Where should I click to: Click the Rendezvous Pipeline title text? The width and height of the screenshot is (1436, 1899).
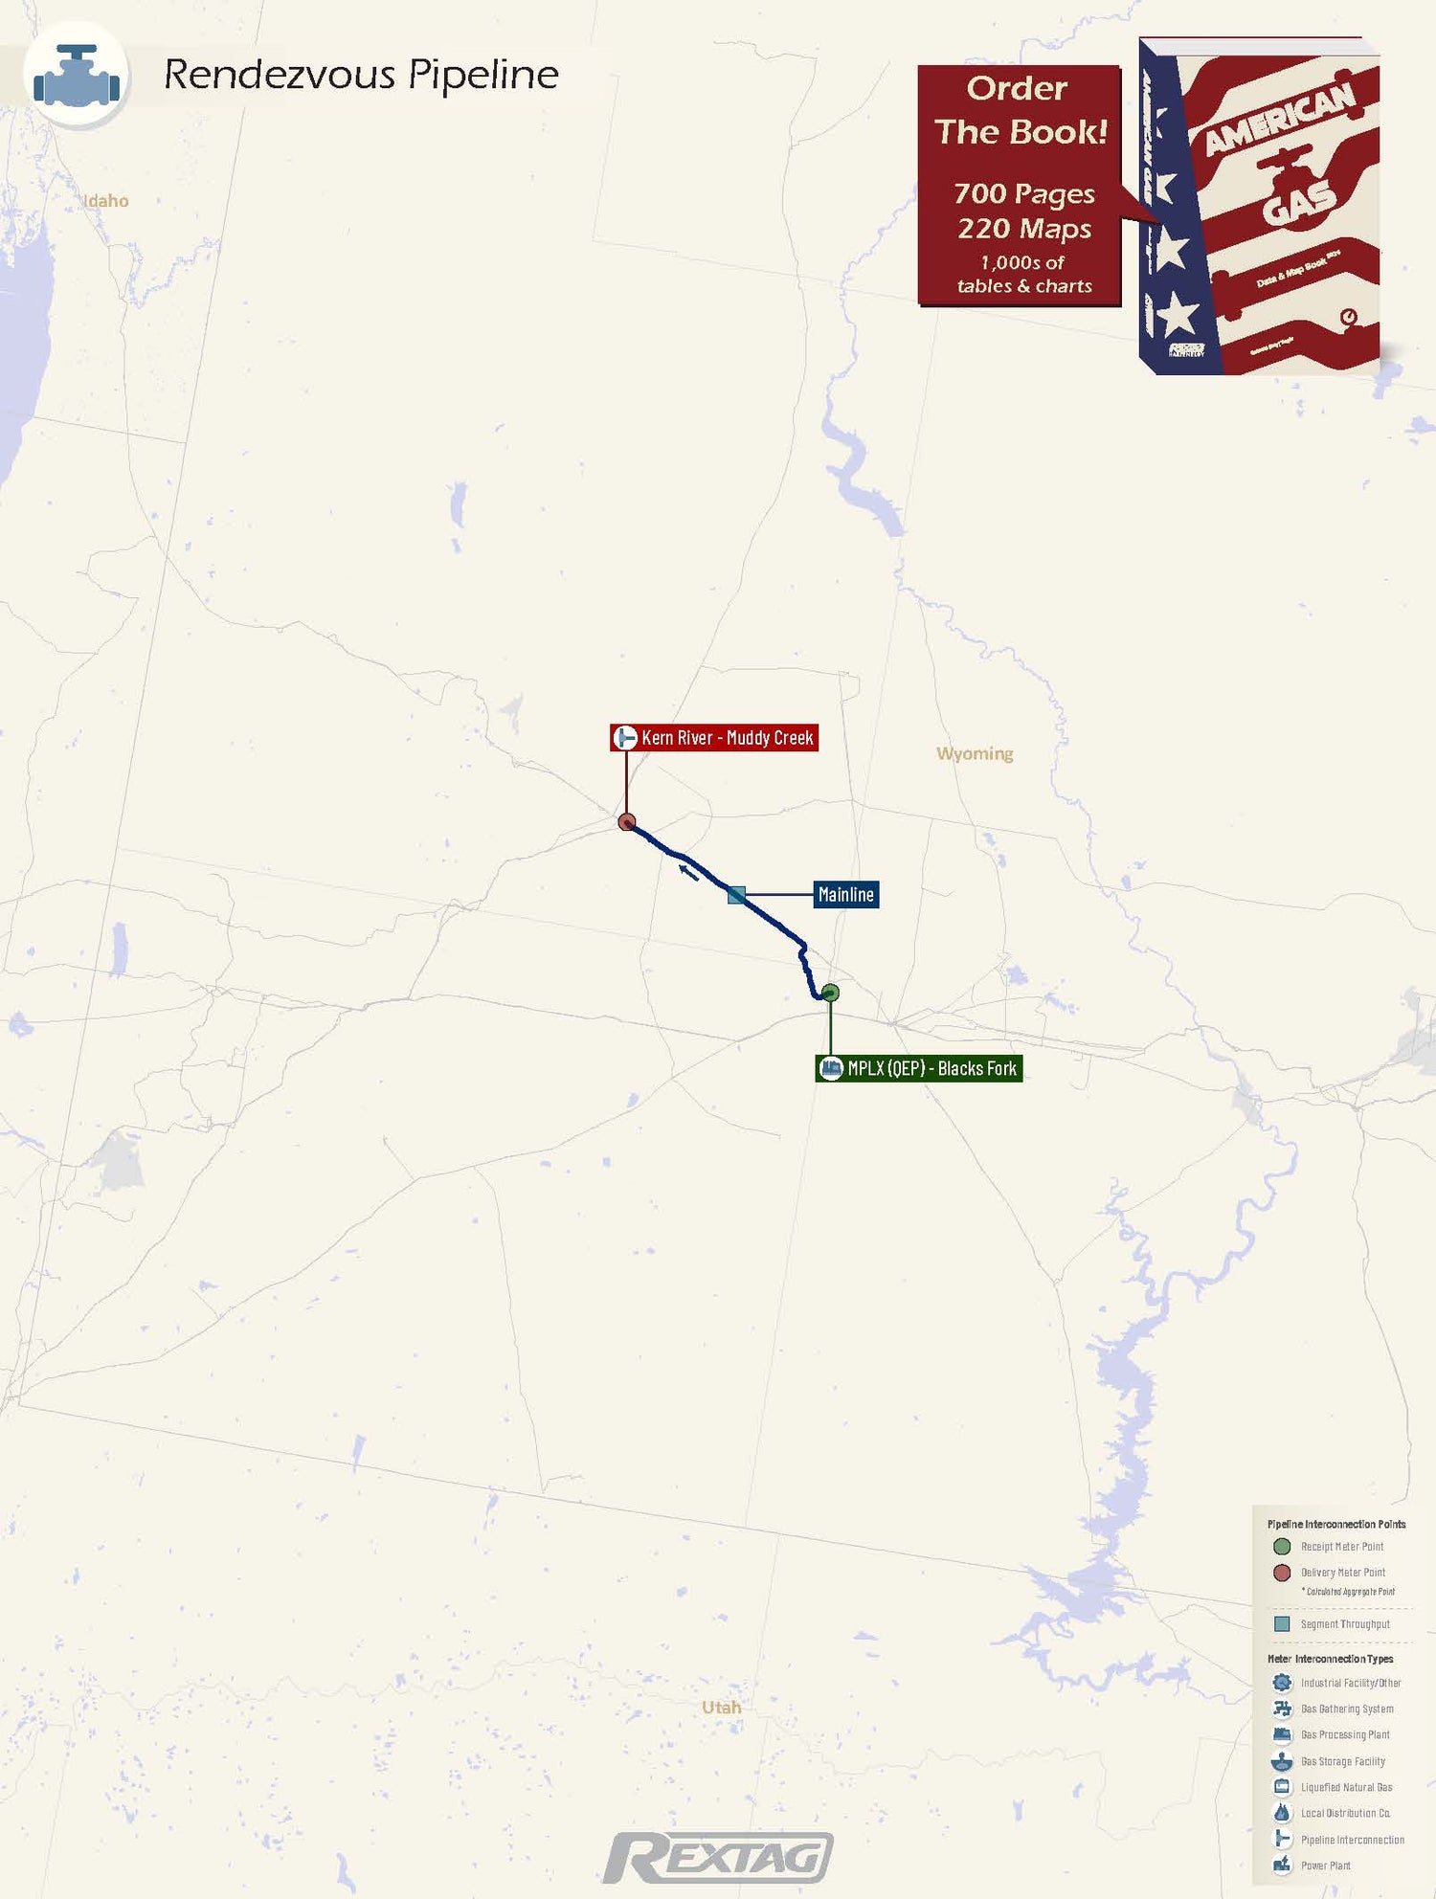[361, 75]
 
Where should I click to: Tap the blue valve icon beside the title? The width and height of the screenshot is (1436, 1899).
[77, 76]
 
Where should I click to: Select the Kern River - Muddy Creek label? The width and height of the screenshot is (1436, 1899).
[714, 738]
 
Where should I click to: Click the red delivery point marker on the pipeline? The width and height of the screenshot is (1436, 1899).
[627, 822]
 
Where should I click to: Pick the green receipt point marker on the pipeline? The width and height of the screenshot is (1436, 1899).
[830, 993]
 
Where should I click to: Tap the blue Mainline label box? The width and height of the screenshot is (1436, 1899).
[845, 895]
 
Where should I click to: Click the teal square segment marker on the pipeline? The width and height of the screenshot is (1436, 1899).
[736, 895]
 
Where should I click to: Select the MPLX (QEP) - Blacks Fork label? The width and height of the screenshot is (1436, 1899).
[919, 1068]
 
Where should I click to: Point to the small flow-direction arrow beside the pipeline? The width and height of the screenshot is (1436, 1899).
[688, 871]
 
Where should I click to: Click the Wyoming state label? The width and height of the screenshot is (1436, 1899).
[975, 753]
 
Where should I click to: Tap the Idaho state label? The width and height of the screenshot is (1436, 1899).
[106, 201]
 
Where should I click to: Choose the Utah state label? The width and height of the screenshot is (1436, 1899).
[721, 1708]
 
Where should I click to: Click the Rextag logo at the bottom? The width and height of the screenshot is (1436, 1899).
[718, 1858]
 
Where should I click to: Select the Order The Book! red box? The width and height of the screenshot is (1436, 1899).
[1019, 186]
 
